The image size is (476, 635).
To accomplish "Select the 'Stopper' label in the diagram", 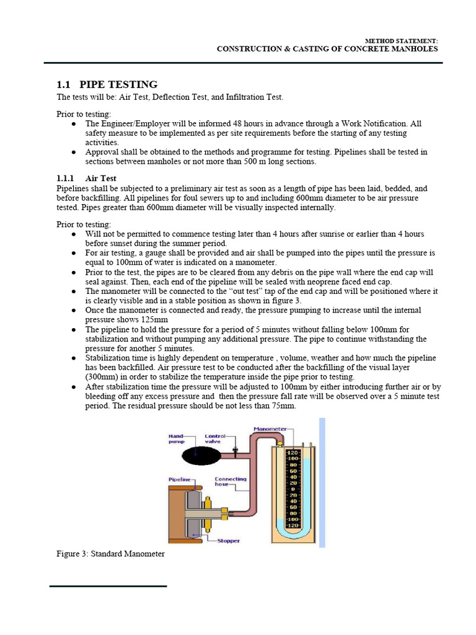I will tap(228, 541).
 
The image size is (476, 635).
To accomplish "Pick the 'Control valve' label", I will tap(216, 439).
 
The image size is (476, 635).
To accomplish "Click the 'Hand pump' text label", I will tap(177, 439).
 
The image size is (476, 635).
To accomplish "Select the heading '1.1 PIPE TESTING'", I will tap(107, 84).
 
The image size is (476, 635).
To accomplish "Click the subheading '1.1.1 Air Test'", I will tap(86, 178).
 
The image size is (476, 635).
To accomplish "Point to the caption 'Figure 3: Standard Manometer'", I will tap(110, 553).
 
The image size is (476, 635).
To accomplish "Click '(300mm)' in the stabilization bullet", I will tap(104, 376).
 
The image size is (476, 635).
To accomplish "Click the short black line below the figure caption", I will tap(108, 585).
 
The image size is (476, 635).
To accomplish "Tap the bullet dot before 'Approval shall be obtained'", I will tap(74, 152).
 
